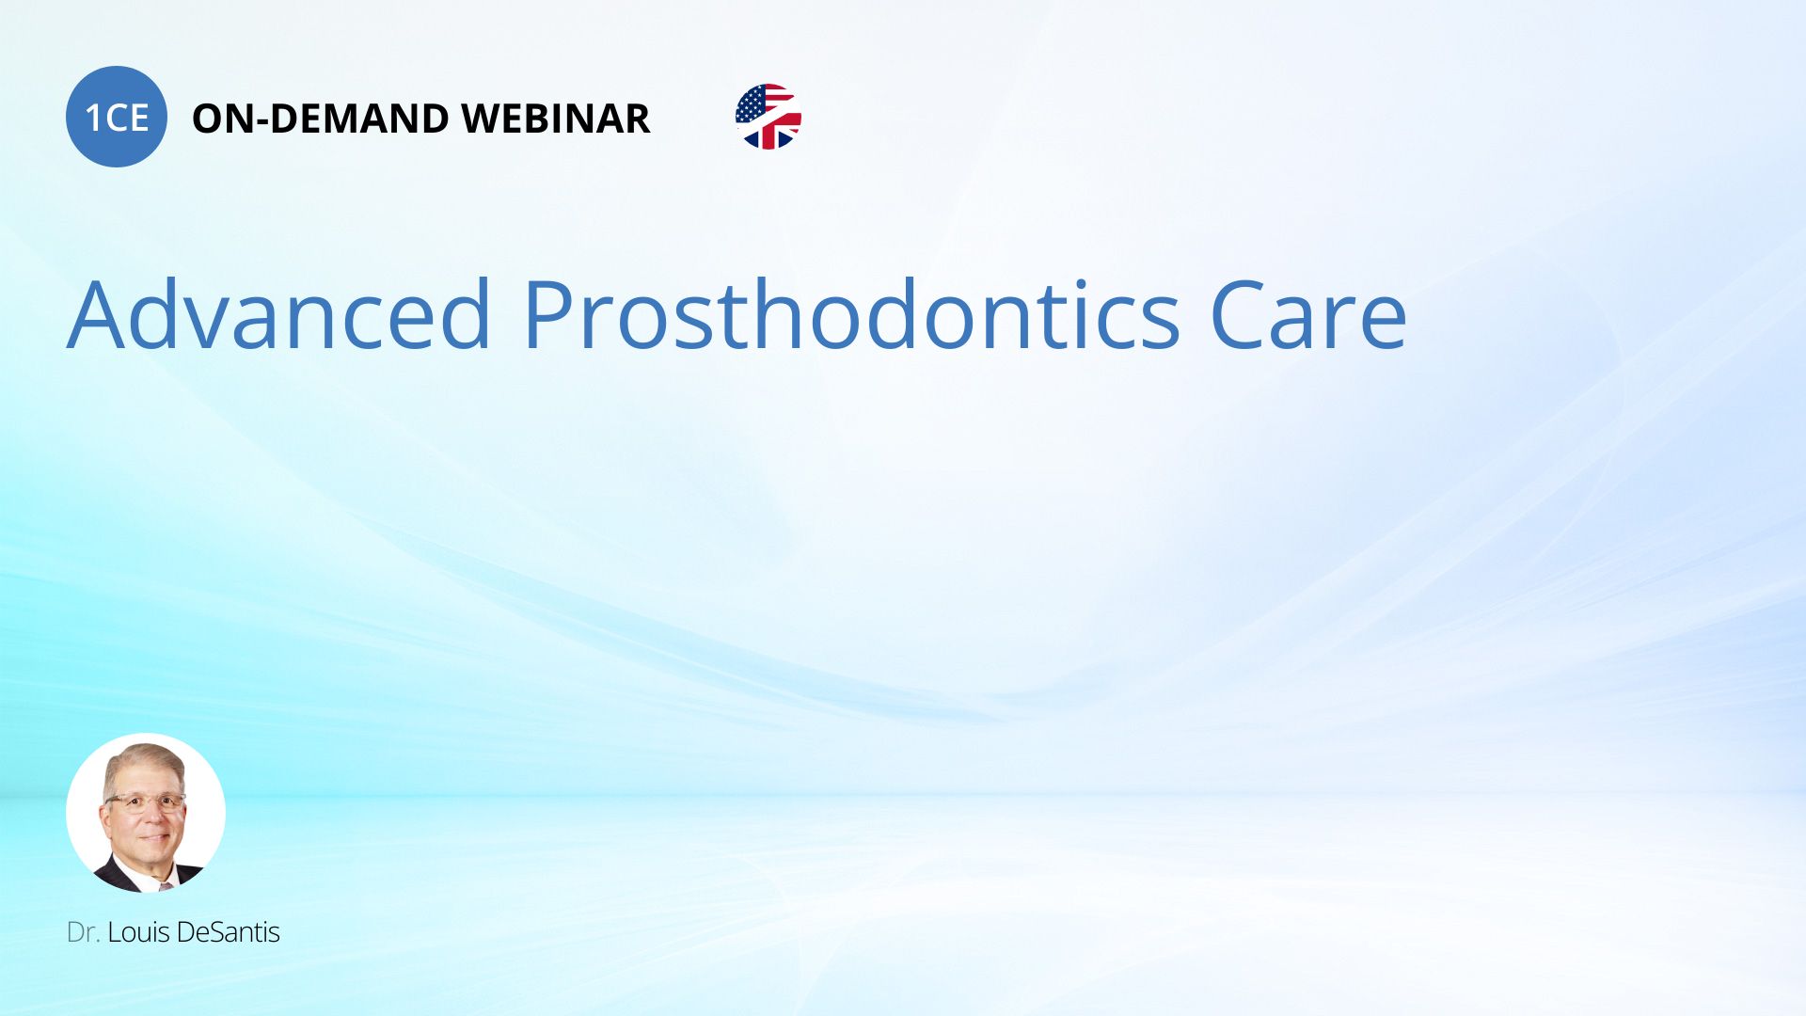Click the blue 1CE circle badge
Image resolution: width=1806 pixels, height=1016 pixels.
117,117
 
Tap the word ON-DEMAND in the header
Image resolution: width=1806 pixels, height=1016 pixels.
320,119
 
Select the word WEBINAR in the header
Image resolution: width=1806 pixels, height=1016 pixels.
555,119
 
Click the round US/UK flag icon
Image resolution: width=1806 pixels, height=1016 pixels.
768,117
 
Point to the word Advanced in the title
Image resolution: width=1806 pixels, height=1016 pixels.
279,314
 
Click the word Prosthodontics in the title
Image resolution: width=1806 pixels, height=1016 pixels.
851,314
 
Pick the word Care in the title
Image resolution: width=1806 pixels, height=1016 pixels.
1308,316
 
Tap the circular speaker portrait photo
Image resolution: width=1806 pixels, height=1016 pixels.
146,813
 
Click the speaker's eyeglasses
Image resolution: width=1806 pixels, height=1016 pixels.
145,802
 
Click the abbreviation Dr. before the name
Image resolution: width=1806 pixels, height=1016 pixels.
83,932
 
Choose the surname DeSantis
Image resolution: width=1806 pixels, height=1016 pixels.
228,932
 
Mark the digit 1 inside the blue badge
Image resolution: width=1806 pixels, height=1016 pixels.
93,119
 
